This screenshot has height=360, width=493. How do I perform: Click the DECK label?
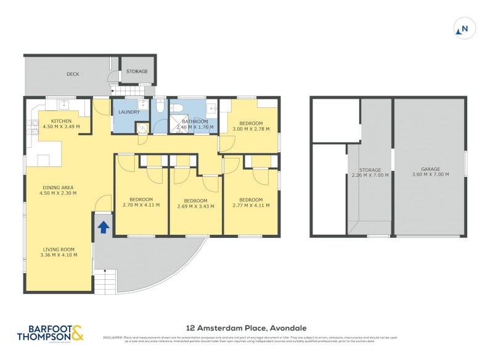tap(73, 74)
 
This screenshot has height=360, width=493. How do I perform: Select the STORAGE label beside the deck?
tap(137, 72)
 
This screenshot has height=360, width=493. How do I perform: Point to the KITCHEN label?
tap(61, 121)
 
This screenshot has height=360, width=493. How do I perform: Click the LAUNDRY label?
tap(129, 112)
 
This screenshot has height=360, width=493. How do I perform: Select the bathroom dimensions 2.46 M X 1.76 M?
tap(195, 128)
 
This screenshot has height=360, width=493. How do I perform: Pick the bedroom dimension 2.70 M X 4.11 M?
tap(141, 205)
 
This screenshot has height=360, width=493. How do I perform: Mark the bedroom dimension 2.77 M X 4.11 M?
tap(251, 205)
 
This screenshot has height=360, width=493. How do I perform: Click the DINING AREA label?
tap(60, 193)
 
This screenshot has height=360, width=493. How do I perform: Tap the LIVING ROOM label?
tap(59, 255)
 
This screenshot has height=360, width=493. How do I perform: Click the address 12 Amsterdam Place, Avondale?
tap(246, 328)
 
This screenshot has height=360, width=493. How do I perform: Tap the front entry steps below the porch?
tap(105, 282)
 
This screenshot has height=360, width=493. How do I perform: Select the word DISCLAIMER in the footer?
tap(113, 337)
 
